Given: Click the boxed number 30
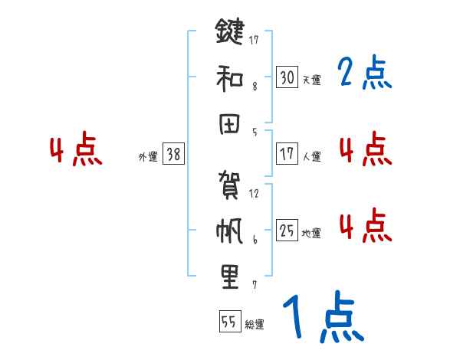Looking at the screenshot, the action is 287,77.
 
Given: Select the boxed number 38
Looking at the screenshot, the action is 172,154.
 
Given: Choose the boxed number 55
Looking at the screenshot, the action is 228,322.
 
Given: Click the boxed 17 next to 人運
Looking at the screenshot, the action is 287,154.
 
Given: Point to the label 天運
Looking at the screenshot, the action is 311,80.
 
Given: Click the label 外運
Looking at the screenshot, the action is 148,156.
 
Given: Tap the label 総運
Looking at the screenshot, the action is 254,324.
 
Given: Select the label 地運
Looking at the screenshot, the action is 311,233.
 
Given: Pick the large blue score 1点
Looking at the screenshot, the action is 322,318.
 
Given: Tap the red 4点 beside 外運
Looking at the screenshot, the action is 77,151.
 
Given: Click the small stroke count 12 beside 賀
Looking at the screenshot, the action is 254,194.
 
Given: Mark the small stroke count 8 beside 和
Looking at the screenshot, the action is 255,86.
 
